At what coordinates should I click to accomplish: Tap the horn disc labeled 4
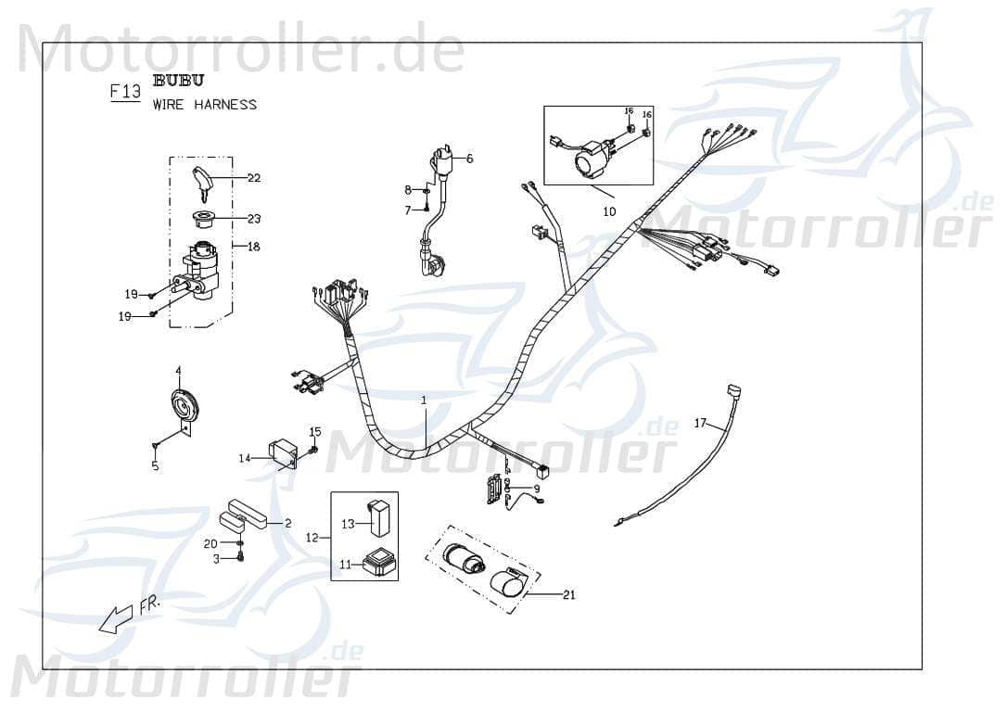pos(185,405)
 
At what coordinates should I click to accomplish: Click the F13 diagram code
pos(125,92)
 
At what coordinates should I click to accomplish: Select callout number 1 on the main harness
pos(424,400)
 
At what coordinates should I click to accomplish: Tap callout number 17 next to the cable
pos(700,424)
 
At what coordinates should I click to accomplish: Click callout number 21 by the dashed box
pos(568,594)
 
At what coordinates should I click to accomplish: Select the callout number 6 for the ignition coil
pos(469,159)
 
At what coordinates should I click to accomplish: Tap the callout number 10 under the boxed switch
pos(609,211)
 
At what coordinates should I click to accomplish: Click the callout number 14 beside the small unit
pos(245,458)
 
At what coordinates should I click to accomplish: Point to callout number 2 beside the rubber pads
pos(287,524)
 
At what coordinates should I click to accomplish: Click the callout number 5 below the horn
pos(155,466)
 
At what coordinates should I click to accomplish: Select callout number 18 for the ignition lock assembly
pos(253,247)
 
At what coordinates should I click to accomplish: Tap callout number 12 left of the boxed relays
pos(312,538)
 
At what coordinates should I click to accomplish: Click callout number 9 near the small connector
pos(536,489)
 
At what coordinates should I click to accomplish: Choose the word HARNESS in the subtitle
pos(225,105)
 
